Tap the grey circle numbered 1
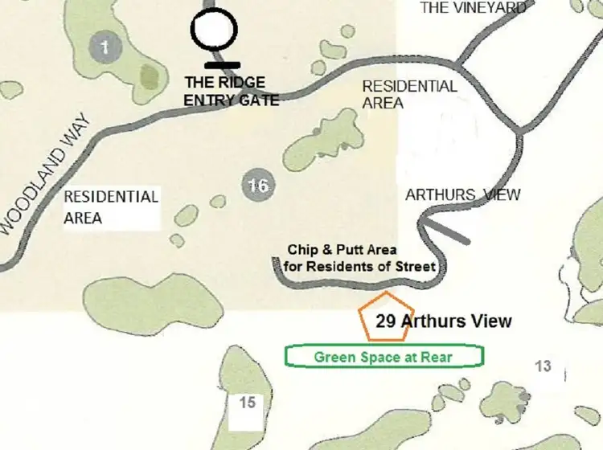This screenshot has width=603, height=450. (x=105, y=47)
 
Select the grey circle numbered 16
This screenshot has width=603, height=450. (x=257, y=186)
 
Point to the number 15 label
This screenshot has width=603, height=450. (x=247, y=401)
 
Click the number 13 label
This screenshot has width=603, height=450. (x=544, y=366)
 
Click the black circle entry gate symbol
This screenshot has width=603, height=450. (x=214, y=31)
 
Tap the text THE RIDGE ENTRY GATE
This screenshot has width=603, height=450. (x=232, y=91)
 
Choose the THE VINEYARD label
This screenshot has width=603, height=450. (x=474, y=8)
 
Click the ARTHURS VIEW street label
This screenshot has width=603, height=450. (x=463, y=194)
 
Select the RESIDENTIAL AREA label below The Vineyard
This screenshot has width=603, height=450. (x=409, y=94)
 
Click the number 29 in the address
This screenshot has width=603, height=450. (x=387, y=321)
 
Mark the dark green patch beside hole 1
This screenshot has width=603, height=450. (x=150, y=76)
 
